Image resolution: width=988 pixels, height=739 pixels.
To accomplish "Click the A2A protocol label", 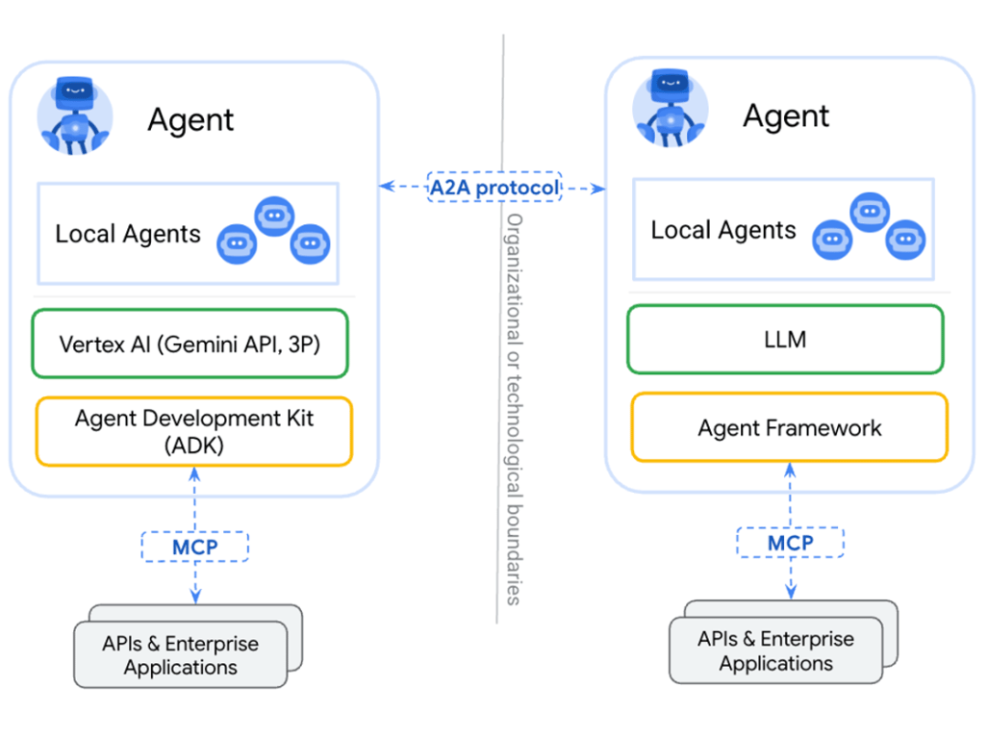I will click(494, 188).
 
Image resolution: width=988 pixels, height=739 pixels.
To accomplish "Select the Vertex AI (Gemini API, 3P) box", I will click(190, 344).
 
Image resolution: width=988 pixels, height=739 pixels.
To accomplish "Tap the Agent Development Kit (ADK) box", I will click(193, 431).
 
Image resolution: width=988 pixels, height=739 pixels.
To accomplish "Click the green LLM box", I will click(785, 339).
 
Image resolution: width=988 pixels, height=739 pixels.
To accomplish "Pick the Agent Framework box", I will click(789, 427).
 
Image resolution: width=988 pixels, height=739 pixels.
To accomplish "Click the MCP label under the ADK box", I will click(195, 547).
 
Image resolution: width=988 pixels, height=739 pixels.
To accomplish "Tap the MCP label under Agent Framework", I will click(790, 543).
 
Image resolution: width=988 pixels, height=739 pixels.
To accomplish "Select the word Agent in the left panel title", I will click(190, 120).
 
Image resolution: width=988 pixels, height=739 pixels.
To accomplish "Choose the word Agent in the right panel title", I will click(786, 116).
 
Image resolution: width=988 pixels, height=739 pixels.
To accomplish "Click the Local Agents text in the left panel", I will click(128, 234).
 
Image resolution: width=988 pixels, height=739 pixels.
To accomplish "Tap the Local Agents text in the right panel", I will click(723, 230).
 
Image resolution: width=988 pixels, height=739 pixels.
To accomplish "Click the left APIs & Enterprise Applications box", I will click(181, 654).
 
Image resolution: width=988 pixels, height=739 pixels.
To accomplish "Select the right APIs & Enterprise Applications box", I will click(775, 650).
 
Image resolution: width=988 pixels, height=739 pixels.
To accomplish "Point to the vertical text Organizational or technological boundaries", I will click(514, 409).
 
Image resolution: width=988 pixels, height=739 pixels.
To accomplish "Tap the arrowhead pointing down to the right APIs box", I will click(791, 590).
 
